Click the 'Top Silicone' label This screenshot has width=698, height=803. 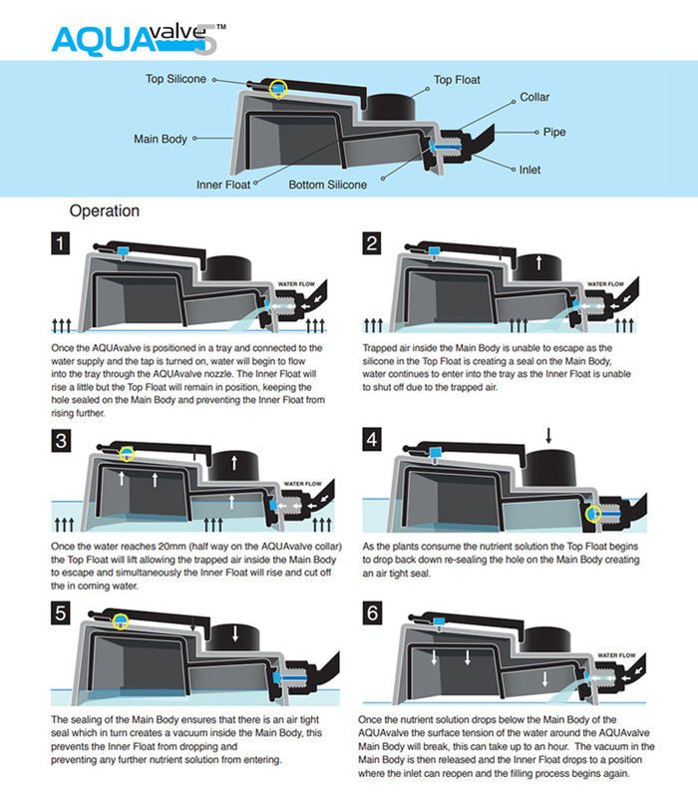[x=175, y=79]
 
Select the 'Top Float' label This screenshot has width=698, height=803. [x=457, y=79]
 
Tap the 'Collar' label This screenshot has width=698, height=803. [x=534, y=98]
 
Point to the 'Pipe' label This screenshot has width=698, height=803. [x=554, y=132]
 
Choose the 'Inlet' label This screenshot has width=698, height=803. [x=531, y=170]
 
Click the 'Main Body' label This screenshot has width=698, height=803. [x=161, y=139]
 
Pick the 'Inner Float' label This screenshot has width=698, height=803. [x=223, y=185]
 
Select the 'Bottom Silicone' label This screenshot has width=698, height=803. [x=328, y=185]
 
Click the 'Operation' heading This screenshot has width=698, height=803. [x=105, y=211]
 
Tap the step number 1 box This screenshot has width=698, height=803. [x=62, y=243]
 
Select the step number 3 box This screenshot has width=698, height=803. [x=62, y=441]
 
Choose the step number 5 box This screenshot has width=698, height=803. [x=62, y=612]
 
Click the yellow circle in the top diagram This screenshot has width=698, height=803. [x=278, y=88]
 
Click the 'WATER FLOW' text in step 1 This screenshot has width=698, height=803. [x=295, y=283]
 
